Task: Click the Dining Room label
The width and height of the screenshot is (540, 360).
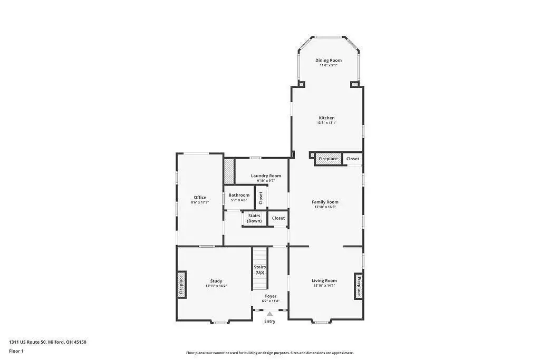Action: tap(329, 60)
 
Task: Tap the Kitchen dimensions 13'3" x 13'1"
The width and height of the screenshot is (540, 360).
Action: tap(326, 122)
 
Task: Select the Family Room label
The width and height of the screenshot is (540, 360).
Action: tap(325, 202)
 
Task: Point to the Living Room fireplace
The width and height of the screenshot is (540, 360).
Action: tap(359, 286)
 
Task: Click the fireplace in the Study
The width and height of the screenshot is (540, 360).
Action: tap(181, 285)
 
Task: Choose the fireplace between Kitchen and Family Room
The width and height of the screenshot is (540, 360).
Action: tap(328, 159)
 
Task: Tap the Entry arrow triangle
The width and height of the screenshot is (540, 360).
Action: tap(270, 314)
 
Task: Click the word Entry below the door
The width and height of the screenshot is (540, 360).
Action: tap(269, 322)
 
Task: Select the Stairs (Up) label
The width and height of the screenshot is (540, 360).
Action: tap(260, 269)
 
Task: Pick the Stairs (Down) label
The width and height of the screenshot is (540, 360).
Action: tap(254, 218)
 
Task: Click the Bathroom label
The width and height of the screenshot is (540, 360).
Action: tap(239, 195)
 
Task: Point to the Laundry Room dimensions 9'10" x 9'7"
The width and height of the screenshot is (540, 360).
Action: tap(266, 180)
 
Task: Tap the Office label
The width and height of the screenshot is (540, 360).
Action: tap(200, 198)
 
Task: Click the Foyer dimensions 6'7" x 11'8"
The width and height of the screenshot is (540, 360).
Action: tap(271, 301)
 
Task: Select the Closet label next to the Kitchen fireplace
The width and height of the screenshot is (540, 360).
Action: tap(353, 159)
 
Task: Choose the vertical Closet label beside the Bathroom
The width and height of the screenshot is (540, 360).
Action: tap(261, 198)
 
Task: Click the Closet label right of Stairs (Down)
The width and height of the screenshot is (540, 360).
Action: tap(278, 218)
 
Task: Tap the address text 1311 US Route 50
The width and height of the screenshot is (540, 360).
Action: tap(27, 342)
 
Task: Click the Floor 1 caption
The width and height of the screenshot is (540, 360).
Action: tap(16, 351)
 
